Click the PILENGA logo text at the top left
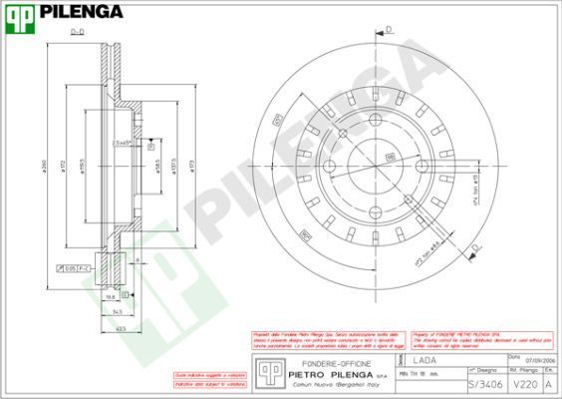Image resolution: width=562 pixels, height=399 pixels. click(x=82, y=13)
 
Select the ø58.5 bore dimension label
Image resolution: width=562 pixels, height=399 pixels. click(x=156, y=166)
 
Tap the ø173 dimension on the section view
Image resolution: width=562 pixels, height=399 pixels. click(x=192, y=166)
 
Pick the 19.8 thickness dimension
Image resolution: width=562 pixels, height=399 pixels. click(x=112, y=296)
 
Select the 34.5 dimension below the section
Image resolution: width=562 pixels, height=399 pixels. click(x=117, y=312)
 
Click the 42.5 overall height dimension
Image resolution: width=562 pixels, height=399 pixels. click(x=121, y=328)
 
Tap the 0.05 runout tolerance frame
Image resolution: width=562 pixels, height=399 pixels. click(x=73, y=269)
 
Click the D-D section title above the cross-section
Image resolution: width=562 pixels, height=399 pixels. click(x=77, y=33)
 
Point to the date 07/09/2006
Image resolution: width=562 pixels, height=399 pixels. click(x=539, y=361)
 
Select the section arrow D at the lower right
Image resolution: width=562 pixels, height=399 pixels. click(x=474, y=245)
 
